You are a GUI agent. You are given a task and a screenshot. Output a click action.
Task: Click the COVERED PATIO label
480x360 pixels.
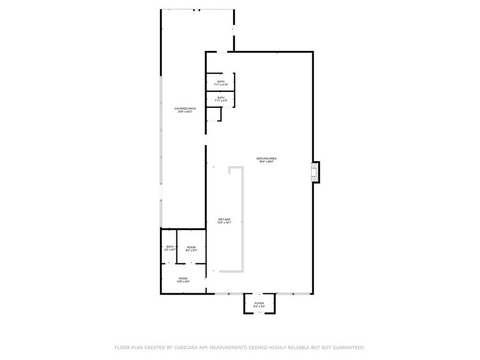pyautogui.click(x=185, y=108)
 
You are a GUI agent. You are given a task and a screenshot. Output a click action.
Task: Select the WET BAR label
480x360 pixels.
pyautogui.click(x=224, y=219)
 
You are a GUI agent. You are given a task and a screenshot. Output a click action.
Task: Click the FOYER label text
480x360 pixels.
pyautogui.click(x=258, y=302)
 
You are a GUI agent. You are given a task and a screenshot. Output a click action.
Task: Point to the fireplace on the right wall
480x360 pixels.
pyautogui.click(x=315, y=172)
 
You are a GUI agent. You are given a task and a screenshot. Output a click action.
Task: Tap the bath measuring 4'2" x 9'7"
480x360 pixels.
pyautogui.click(x=170, y=248)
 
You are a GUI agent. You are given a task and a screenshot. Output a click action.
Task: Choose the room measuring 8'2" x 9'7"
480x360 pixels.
pyautogui.click(x=191, y=248)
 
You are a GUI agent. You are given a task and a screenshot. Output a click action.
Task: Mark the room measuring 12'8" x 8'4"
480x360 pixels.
pyautogui.click(x=183, y=280)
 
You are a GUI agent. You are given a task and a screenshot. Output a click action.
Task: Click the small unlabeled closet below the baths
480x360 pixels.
pyautogui.click(x=213, y=114)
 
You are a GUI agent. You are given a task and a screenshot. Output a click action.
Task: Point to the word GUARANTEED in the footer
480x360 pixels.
pyautogui.click(x=347, y=347)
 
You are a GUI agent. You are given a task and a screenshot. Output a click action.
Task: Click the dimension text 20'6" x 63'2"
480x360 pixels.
pyautogui.click(x=185, y=112)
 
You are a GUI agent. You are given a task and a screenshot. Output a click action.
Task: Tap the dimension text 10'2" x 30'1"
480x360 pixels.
pyautogui.click(x=224, y=223)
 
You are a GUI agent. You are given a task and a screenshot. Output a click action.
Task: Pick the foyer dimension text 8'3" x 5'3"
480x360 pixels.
pyautogui.click(x=258, y=306)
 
